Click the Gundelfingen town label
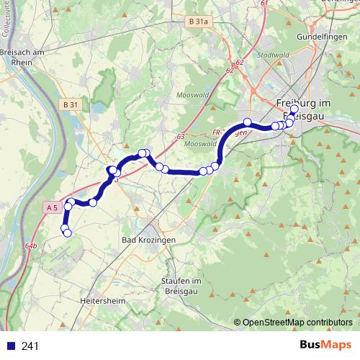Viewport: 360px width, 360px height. [322, 35]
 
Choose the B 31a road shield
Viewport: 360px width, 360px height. [197, 23]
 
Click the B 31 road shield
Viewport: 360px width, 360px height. [71, 105]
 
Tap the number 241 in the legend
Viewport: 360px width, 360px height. [30, 346]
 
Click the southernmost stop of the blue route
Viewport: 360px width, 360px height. [67, 233]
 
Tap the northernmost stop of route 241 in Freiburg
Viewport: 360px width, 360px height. [294, 108]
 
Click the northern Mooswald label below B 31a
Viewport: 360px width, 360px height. [189, 94]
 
